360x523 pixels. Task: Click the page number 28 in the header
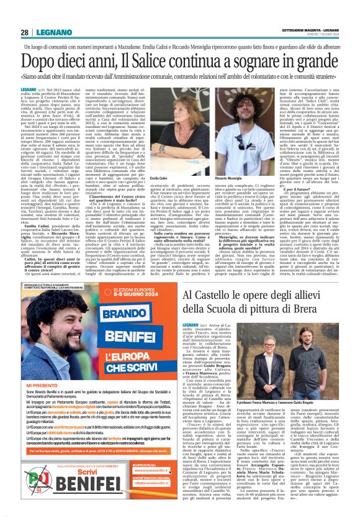click(x=24, y=32)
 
